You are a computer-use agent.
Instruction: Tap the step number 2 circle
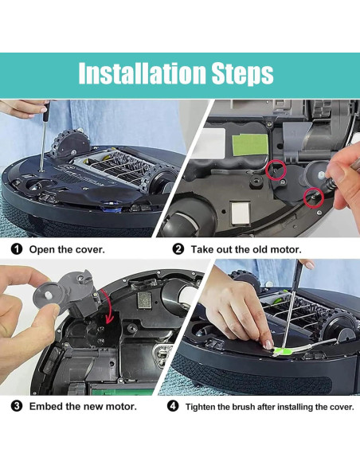[178, 249]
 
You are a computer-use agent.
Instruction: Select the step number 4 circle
[173, 406]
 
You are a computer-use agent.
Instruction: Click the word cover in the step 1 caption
[86, 249]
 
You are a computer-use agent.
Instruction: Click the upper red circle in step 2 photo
[276, 169]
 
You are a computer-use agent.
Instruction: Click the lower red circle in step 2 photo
[314, 196]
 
